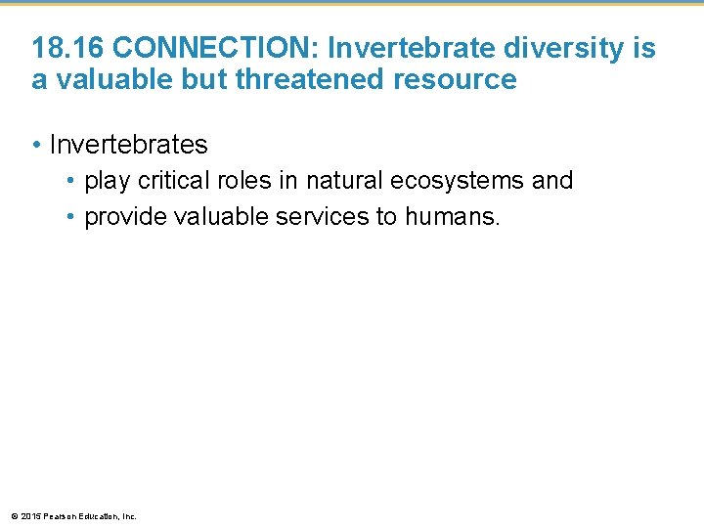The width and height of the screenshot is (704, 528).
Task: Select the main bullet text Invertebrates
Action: pos(128,145)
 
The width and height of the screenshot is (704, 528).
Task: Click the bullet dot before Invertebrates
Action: pos(36,145)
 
